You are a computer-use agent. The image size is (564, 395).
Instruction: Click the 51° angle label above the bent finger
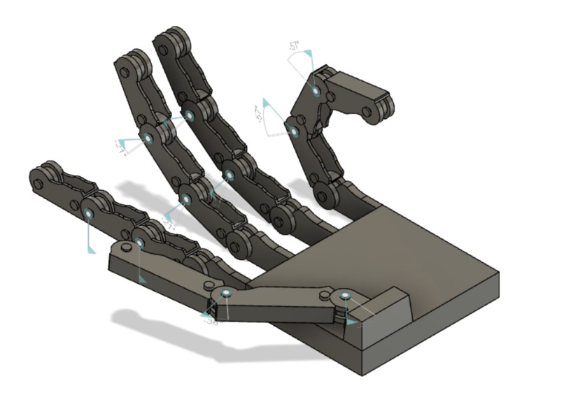tap(295, 46)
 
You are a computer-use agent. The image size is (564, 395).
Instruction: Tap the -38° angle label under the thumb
tap(211, 321)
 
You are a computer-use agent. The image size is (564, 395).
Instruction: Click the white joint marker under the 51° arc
tap(316, 91)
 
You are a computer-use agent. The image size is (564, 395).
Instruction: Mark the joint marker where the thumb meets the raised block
tap(344, 297)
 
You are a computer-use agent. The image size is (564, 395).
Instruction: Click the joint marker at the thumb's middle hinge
tap(225, 293)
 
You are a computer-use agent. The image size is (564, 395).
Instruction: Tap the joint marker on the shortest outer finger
tap(88, 212)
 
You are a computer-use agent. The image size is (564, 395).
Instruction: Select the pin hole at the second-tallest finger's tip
tap(124, 71)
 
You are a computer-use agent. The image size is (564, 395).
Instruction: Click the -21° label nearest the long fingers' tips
tap(119, 145)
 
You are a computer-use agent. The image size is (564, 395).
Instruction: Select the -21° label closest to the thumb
tap(169, 224)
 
